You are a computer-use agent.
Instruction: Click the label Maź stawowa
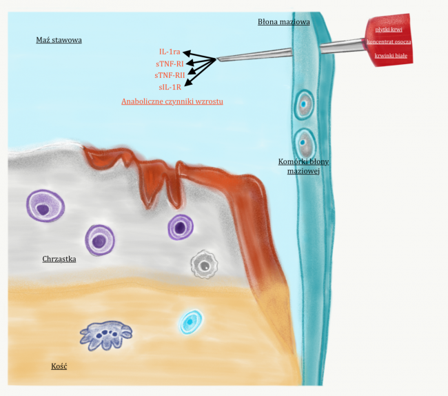pyautogui.click(x=59, y=40)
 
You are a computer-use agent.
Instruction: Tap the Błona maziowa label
pyautogui.click(x=283, y=21)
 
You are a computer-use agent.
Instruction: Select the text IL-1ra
pyautogui.click(x=169, y=52)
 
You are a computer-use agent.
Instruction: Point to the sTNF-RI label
pyautogui.click(x=169, y=64)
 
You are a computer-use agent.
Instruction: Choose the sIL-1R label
pyautogui.click(x=170, y=87)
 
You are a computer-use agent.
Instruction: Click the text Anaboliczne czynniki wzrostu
pyautogui.click(x=172, y=101)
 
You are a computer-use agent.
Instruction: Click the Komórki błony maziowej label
pyautogui.click(x=304, y=166)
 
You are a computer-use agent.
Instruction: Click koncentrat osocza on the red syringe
pyautogui.click(x=389, y=42)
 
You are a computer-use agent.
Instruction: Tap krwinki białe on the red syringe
pyautogui.click(x=389, y=55)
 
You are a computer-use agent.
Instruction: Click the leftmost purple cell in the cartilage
pyautogui.click(x=45, y=206)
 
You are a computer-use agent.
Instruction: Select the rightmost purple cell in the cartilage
pyautogui.click(x=180, y=226)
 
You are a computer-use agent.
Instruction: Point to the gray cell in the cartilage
pyautogui.click(x=204, y=264)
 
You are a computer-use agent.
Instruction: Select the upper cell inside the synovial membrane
pyautogui.click(x=303, y=104)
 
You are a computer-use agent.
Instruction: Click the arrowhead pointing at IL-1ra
pyautogui.click(x=186, y=54)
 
